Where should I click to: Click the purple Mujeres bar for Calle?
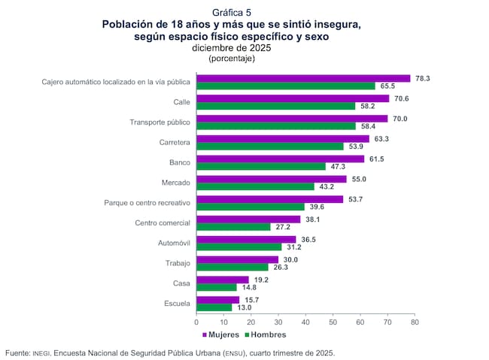coord(293,98)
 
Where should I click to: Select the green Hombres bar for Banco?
coord(260,166)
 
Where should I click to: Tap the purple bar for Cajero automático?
coord(303,78)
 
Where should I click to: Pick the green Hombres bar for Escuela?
coord(214,307)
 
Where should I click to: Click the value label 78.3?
coord(422,78)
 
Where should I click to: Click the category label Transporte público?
coord(159,123)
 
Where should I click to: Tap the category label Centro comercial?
coord(162,223)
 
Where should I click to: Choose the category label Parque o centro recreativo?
coord(146,203)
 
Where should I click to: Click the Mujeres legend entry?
coord(220,334)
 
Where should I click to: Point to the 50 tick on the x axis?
coord(333,322)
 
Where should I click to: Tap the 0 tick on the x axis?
coord(196,322)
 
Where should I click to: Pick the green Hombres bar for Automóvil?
coord(238,247)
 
